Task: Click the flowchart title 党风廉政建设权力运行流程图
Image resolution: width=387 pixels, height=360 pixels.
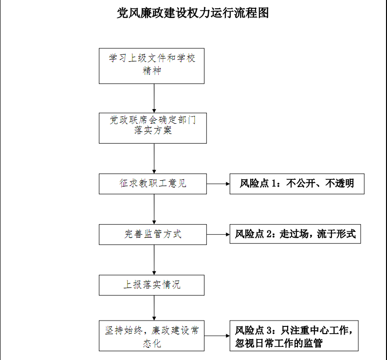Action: tap(193, 13)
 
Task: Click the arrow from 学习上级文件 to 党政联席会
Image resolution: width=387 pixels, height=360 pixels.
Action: tap(154, 98)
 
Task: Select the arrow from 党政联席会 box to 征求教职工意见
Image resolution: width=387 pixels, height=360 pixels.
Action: tap(154, 158)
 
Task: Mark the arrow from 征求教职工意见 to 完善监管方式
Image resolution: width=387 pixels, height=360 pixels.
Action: tap(154, 209)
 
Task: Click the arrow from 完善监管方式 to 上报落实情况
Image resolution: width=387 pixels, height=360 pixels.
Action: tap(154, 260)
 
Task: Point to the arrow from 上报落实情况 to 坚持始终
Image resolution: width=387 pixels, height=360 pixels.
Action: tap(154, 308)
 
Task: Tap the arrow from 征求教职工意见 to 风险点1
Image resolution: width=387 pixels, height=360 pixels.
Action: tap(218, 184)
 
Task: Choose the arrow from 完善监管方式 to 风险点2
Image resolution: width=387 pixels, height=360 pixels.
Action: tap(218, 235)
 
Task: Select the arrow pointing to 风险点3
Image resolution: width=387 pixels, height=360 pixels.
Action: tap(217, 336)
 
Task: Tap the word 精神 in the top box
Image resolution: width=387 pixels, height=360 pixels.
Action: tap(152, 71)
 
